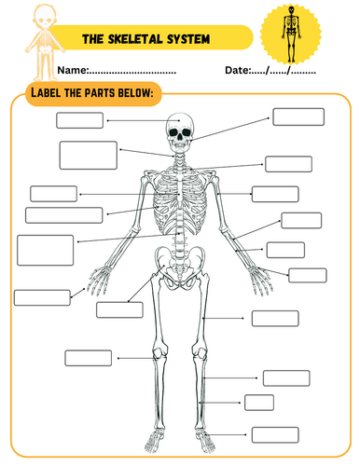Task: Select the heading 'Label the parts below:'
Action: tap(92, 93)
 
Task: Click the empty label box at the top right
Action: tap(298, 116)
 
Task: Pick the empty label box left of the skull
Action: tap(79, 119)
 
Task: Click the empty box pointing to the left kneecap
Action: tap(88, 358)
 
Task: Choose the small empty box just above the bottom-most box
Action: tap(259, 402)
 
